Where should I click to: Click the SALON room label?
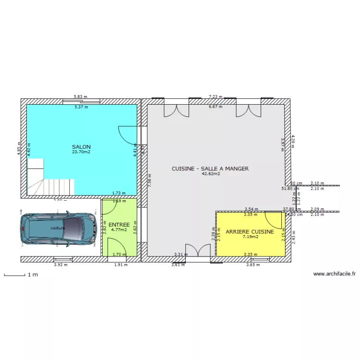coord(81,147)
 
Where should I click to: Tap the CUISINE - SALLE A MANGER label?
coord(210,168)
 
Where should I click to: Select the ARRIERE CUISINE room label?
coord(250,231)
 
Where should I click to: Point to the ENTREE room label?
coord(119,225)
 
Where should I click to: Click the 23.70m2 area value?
coord(81,152)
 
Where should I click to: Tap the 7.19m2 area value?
coord(250,237)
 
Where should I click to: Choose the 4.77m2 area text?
coord(119,229)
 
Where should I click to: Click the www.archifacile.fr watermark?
coord(335,274)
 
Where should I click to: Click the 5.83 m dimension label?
coord(80,96)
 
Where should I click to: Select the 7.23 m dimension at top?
coord(216,96)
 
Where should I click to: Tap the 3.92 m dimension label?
coord(60,264)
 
